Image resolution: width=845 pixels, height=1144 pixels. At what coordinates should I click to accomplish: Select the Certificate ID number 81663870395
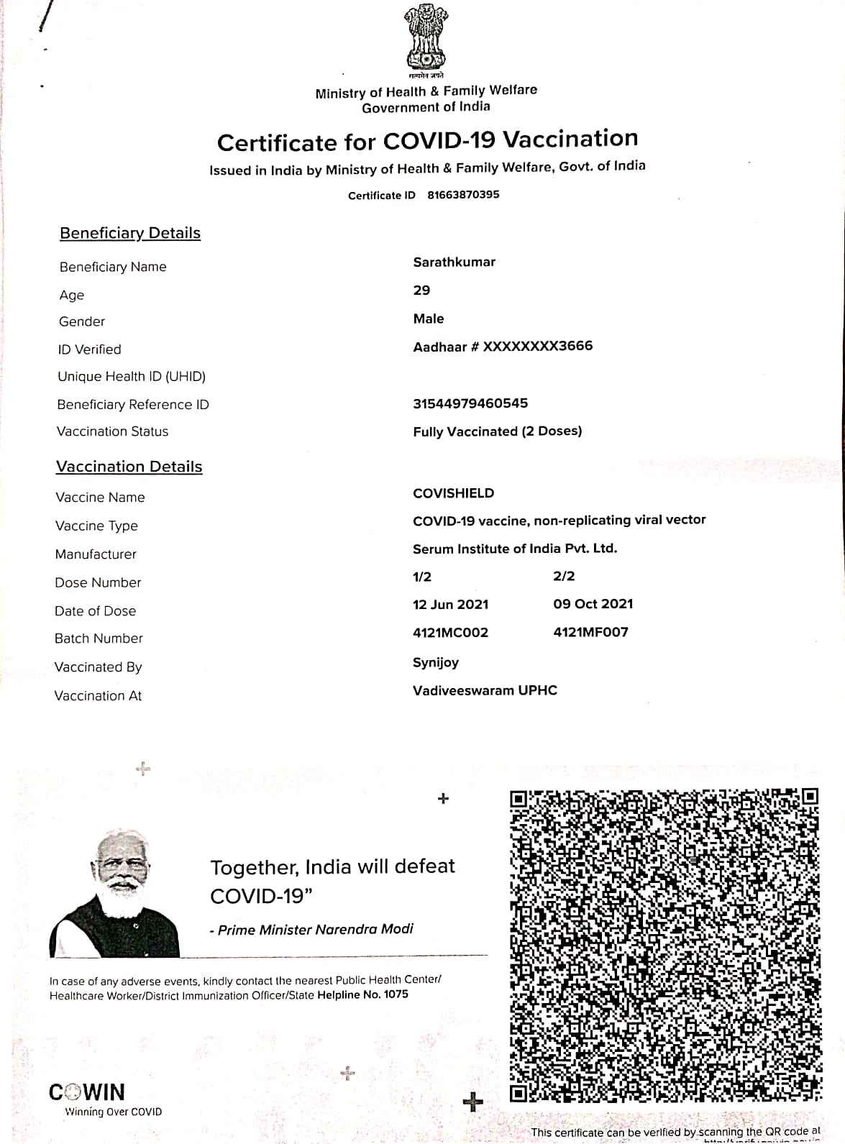pos(463,195)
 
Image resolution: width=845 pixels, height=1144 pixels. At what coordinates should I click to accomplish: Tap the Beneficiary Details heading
pos(130,233)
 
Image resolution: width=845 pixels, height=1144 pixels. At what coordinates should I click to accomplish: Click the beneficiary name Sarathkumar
pos(454,262)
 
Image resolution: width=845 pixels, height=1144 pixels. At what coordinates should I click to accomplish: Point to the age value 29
pos(421,290)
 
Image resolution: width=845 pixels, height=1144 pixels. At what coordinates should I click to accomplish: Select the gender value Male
pos(429,319)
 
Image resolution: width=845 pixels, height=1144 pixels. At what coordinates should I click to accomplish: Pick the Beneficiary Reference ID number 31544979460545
pos(470,403)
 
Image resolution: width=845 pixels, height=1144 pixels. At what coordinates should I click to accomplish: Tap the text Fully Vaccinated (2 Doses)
pos(497,431)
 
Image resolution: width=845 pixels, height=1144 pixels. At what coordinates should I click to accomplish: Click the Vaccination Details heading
pos(129,467)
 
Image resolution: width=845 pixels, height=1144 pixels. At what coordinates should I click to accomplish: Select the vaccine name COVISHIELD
pos(453,493)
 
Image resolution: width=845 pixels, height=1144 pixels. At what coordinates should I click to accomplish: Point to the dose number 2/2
pos(564,576)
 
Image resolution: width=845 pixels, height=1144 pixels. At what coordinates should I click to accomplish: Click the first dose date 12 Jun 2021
pos(450,605)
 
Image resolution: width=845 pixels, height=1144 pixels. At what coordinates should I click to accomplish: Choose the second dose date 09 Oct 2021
pos(593,604)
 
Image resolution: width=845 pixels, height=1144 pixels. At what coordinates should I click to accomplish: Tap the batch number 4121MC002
pos(450,633)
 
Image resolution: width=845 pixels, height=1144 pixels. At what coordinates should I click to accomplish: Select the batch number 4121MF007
pos(590,633)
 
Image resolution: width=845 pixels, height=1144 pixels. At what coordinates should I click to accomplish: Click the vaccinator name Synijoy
pos(436,662)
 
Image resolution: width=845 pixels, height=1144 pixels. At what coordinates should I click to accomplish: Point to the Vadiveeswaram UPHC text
pos(485,690)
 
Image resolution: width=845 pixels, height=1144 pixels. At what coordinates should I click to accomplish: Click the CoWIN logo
pos(87,1093)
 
